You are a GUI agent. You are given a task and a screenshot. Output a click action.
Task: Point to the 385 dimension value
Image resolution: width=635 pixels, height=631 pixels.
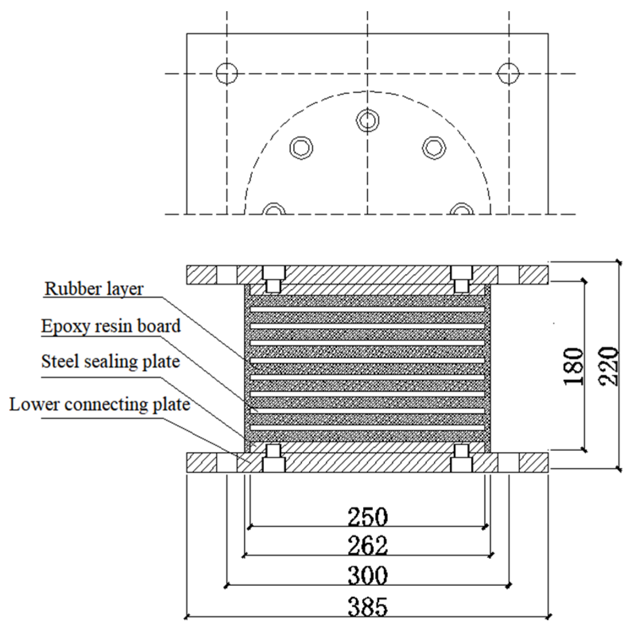pos(367,606)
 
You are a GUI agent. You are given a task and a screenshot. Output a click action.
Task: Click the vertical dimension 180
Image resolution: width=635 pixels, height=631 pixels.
pos(573,366)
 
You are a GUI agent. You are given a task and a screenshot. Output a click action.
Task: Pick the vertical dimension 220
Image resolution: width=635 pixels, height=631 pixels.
pos(608,366)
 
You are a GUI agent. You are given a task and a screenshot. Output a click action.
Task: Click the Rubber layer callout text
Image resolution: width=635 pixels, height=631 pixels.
pos(94,288)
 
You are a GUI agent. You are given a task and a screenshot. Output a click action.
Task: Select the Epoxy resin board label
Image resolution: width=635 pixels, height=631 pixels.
pos(111,326)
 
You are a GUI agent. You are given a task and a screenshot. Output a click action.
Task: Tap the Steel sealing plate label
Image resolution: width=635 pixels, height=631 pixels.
pos(110,362)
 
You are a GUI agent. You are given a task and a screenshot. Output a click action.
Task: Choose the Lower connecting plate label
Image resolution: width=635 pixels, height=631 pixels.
pos(100,405)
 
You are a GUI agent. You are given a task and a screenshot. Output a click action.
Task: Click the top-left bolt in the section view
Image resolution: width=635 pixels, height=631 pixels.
pos(273,279)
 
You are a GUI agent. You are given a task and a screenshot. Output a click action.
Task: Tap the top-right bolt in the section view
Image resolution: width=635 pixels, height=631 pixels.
pos(461,279)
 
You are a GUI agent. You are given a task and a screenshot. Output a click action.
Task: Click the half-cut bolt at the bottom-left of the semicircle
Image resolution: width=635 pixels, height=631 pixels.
pos(275,209)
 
